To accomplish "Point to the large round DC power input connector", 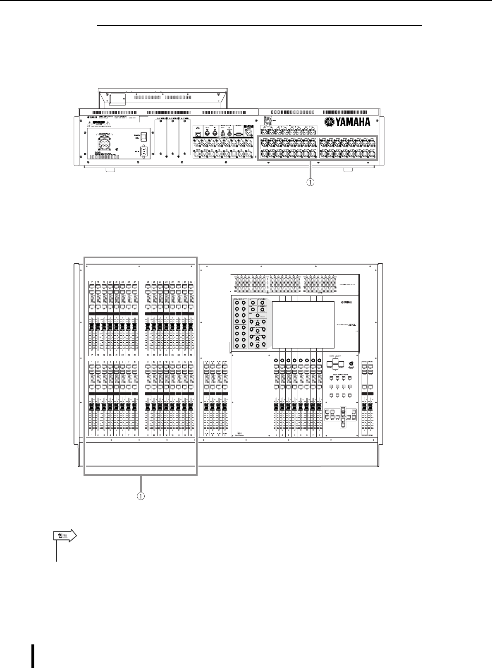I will [x=103, y=144].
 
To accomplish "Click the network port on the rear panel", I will [x=198, y=133].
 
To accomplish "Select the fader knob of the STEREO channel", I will [x=364, y=408].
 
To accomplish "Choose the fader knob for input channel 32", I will [x=191, y=327].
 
